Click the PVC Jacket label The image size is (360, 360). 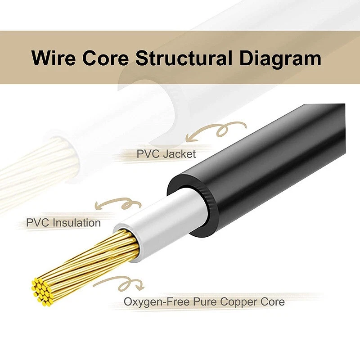(x=166, y=154)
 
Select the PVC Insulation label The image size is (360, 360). (x=63, y=222)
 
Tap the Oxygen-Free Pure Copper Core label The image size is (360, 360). (x=204, y=301)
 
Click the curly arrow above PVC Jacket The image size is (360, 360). (x=216, y=131)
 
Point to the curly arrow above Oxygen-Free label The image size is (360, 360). (x=119, y=283)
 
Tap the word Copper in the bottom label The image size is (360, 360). (x=241, y=301)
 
